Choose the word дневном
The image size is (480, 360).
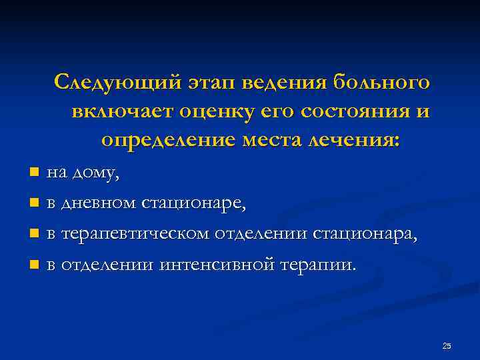coord(97,203)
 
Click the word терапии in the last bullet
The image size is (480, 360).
coord(323,265)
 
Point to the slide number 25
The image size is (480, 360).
coord(447,345)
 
